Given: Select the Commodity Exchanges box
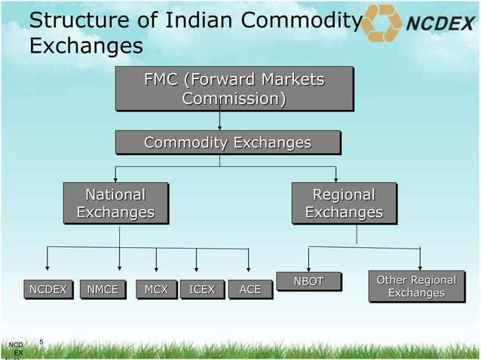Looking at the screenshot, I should click(x=228, y=143).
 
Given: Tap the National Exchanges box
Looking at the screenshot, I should click(x=115, y=204).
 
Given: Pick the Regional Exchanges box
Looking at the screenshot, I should click(x=344, y=204).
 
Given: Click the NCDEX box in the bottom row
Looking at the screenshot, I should click(x=47, y=289).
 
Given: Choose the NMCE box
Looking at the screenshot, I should click(x=102, y=289).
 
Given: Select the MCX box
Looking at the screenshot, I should click(x=156, y=289).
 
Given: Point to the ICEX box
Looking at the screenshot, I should click(x=202, y=289).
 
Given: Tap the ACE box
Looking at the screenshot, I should click(x=250, y=289).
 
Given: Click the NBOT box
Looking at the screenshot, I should click(x=308, y=282).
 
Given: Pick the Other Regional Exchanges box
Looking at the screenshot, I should click(x=416, y=286).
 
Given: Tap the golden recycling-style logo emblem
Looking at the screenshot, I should click(x=380, y=23).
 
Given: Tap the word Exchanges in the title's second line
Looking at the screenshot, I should click(x=86, y=47).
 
